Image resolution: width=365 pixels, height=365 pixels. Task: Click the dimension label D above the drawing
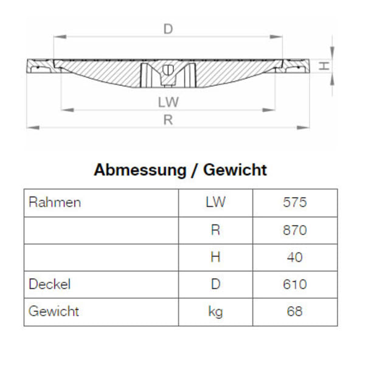click(168, 28)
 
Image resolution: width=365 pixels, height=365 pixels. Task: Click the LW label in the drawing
click(168, 102)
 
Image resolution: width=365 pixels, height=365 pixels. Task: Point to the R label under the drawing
click(168, 120)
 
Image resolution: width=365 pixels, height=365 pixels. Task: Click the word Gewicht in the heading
click(235, 170)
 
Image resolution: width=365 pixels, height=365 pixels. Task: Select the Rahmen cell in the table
click(55, 203)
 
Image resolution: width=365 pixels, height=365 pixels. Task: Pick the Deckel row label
click(50, 284)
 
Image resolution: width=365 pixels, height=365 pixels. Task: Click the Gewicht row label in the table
click(54, 311)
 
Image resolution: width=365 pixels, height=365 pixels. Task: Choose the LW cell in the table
click(215, 203)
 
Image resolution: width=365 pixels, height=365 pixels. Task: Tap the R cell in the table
click(215, 230)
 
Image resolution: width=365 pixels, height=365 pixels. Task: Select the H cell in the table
click(215, 257)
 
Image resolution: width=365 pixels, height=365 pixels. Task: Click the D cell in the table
click(215, 284)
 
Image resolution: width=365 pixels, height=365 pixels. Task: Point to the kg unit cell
click(215, 312)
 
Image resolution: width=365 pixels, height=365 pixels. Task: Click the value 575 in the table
click(294, 203)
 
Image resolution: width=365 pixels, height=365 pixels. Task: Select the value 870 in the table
click(294, 230)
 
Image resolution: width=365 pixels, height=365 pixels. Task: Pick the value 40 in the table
click(294, 257)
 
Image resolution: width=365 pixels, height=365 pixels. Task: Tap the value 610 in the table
click(294, 284)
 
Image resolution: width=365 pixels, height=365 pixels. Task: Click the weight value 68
click(294, 312)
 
